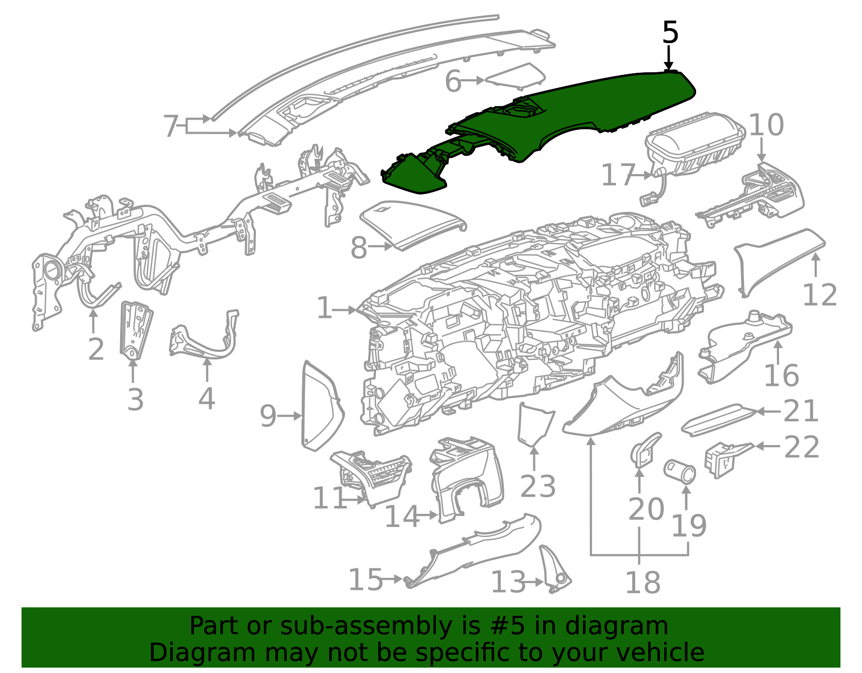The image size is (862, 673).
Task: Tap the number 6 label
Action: point(453,82)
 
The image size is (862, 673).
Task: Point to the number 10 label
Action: point(766,125)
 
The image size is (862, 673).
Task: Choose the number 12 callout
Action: point(819,295)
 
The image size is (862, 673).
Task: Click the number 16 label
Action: point(782,376)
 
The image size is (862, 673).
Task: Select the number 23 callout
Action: point(538,487)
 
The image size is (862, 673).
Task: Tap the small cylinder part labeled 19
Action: point(679,471)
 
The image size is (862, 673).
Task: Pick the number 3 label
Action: point(135,400)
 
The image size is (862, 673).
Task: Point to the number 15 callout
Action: point(365,579)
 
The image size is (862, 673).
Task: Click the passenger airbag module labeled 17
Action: point(694,145)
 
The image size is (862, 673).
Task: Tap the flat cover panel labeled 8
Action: point(413,224)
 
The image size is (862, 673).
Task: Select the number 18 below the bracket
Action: point(643,582)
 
